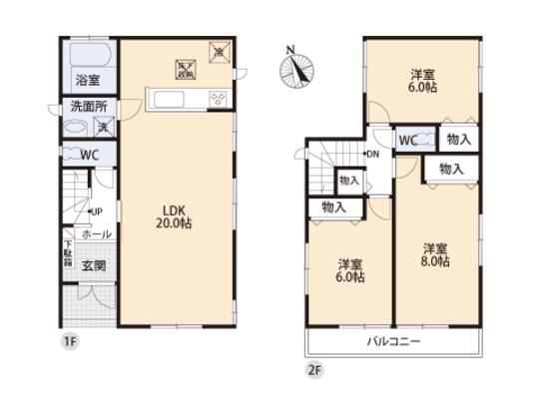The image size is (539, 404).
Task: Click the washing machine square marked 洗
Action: click(x=102, y=126)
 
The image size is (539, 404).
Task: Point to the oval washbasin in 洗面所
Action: click(x=75, y=128)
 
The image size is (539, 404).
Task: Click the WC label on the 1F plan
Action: click(x=89, y=155)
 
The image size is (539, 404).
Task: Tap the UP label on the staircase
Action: click(x=98, y=211)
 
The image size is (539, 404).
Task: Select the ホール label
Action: click(x=97, y=233)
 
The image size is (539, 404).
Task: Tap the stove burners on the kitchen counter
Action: click(x=218, y=98)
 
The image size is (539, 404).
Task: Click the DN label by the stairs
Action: click(x=372, y=154)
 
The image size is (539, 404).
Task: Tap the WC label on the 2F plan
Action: click(x=408, y=140)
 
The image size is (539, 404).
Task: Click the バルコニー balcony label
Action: click(x=392, y=341)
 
